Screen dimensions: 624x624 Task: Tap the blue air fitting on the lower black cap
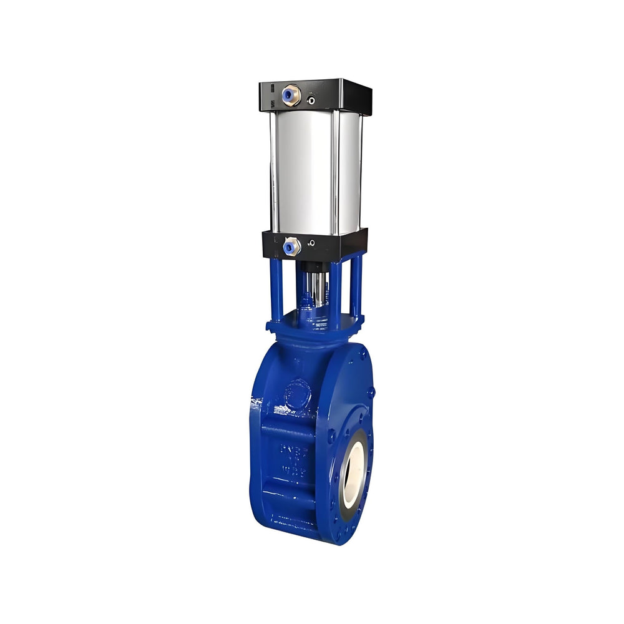pyautogui.click(x=290, y=247)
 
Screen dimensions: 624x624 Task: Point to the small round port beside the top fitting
pyautogui.click(x=311, y=100)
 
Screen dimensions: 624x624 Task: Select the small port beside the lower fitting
pyautogui.click(x=311, y=243)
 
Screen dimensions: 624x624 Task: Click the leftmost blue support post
pyautogui.click(x=276, y=290)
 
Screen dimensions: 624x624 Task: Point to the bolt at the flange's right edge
pyautogui.click(x=371, y=393)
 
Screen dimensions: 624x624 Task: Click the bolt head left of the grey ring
pyautogui.click(x=331, y=435)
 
